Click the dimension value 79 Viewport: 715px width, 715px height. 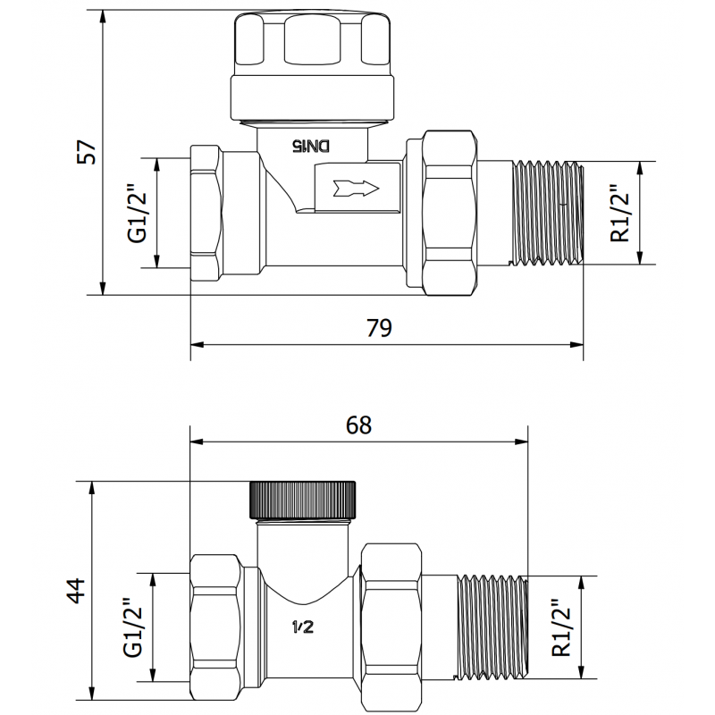click(x=380, y=328)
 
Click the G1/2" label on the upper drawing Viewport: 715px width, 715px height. click(x=137, y=214)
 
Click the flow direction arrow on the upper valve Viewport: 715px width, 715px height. click(x=355, y=189)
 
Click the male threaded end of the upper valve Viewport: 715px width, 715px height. click(x=545, y=213)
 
